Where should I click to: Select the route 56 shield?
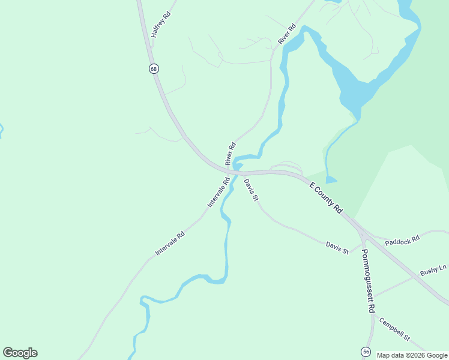click(366, 351)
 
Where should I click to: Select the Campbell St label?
click(394, 330)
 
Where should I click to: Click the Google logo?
click(20, 353)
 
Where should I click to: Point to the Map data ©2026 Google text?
click(412, 355)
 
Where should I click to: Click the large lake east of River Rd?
click(360, 84)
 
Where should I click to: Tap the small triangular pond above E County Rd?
click(331, 179)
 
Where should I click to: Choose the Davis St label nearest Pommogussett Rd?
click(337, 248)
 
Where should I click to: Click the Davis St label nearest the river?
click(251, 189)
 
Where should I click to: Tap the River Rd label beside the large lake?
click(288, 34)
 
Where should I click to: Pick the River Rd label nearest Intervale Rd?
click(231, 154)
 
